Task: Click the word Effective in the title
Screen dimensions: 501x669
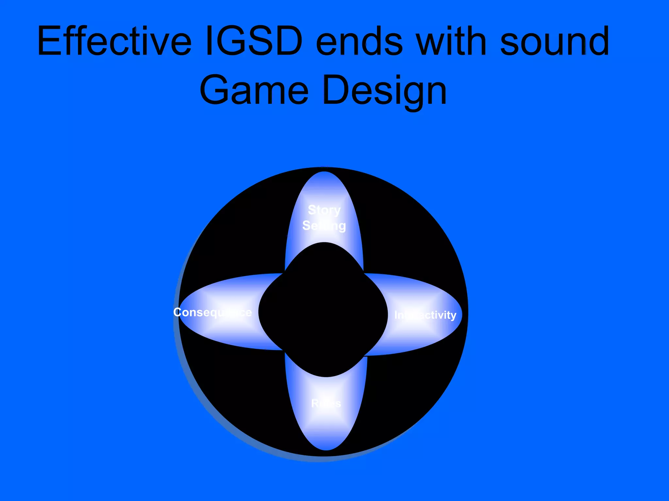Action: (114, 41)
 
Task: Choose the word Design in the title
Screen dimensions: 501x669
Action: (384, 91)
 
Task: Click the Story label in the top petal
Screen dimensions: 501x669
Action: (324, 210)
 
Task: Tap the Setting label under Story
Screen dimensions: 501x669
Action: (324, 226)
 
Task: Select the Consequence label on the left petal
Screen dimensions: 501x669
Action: (212, 312)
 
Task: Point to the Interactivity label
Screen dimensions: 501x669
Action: (425, 315)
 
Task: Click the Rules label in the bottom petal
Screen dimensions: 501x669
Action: (326, 403)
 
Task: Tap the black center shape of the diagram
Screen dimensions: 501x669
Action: (323, 310)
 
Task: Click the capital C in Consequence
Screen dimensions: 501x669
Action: (178, 312)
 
